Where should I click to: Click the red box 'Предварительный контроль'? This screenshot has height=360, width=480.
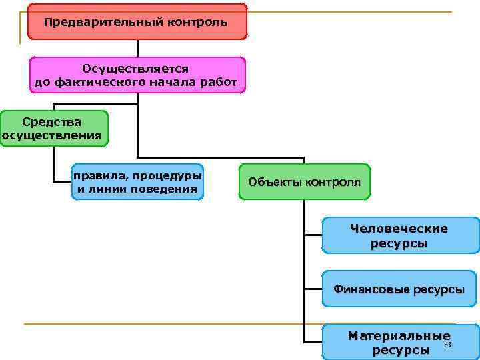pos(137,21)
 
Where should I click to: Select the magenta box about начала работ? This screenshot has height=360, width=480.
pos(137,75)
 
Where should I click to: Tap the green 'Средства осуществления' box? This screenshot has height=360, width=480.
pos(53,129)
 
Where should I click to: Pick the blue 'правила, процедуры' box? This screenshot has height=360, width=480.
pos(137,182)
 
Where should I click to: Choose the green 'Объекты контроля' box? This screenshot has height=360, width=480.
pos(304,182)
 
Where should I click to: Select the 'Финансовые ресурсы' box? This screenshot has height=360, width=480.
pos(400,289)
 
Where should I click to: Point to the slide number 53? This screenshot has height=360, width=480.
pos(447,345)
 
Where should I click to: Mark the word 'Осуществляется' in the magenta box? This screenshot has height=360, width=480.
pos(136,69)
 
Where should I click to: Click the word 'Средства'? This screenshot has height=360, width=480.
pos(52,122)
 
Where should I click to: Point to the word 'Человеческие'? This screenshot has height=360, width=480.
pos(399,229)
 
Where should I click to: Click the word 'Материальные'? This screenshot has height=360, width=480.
pos(399,336)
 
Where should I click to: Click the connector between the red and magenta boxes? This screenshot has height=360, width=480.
pos(137,47)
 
